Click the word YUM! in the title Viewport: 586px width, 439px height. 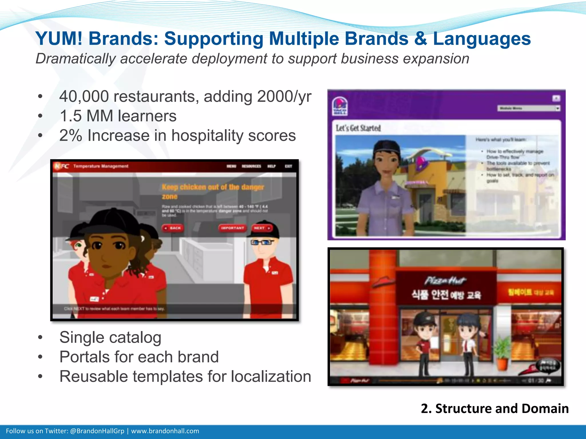[59, 39]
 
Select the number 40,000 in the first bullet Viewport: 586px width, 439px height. [84, 97]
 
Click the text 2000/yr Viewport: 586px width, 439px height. [284, 97]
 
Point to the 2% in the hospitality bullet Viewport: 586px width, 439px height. [71, 135]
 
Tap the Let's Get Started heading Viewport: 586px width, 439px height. [358, 128]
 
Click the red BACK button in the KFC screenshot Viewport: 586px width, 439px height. [173, 228]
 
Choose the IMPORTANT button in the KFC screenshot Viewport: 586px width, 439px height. [232, 228]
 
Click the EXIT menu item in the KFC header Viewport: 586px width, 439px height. [288, 166]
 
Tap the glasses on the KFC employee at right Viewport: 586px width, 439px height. [262, 243]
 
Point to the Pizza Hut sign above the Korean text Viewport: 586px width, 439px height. [445, 281]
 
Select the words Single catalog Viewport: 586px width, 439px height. [110, 338]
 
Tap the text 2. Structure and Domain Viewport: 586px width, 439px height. [494, 408]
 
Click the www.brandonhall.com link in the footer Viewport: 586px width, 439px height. [165, 431]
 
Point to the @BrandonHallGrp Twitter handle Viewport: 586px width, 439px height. [97, 431]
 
